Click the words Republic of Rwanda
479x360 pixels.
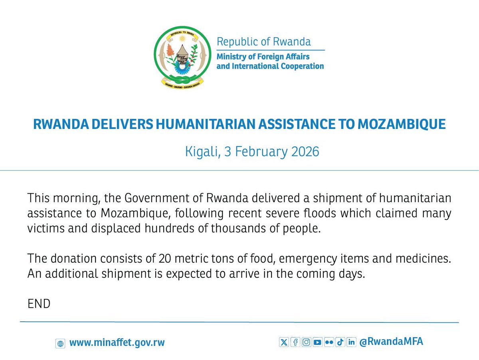click(263, 42)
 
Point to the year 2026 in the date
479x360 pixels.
click(305, 152)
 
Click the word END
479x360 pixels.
click(39, 304)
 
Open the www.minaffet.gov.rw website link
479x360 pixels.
click(117, 342)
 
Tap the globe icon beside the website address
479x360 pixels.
click(60, 343)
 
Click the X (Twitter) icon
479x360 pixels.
click(284, 342)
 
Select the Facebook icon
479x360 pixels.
click(295, 342)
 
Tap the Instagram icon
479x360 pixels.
click(306, 342)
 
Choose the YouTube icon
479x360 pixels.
click(317, 342)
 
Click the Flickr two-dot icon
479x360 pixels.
click(329, 342)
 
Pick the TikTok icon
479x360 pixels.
click(340, 342)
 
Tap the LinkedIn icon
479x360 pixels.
click(351, 342)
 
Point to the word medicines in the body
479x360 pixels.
click(425, 259)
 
